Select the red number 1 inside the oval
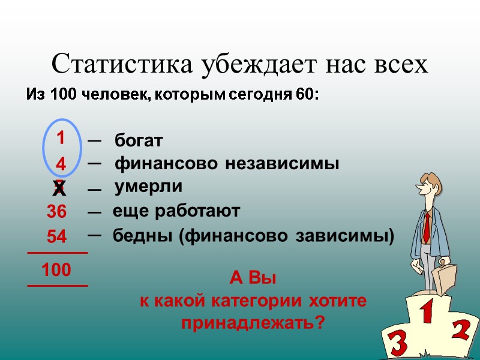pos(61,139)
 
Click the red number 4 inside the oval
pos(61,164)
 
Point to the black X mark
pos(59,189)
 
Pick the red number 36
pos(58,212)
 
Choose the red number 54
pos(58,237)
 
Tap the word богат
pos(139,141)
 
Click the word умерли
pos(149,187)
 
